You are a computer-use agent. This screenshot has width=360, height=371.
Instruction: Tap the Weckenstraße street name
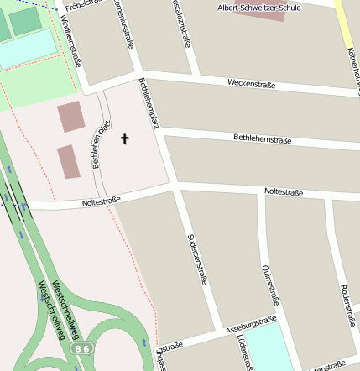(252, 83)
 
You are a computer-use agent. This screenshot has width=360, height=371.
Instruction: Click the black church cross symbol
(126, 138)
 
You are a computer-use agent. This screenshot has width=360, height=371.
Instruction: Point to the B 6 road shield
(81, 347)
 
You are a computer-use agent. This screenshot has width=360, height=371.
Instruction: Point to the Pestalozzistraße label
(179, 18)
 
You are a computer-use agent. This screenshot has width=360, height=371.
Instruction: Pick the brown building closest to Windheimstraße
(70, 118)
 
